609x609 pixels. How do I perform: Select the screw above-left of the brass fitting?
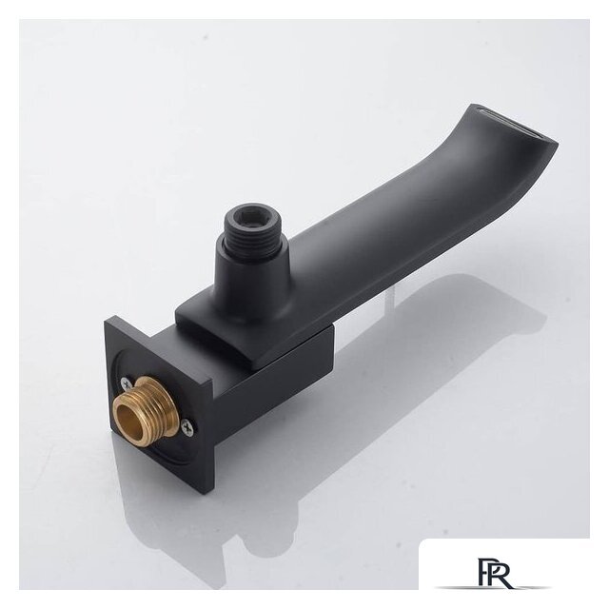pos(126,383)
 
